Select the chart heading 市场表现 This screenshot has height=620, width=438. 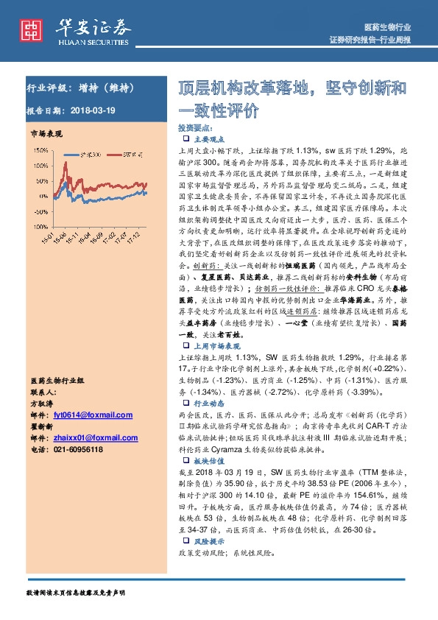tap(46, 133)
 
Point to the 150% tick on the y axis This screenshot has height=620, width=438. tap(41, 149)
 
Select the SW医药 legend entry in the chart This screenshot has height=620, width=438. tap(131, 155)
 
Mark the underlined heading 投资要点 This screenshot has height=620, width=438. tap(196, 127)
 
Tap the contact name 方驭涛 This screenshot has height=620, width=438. tap(42, 404)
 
